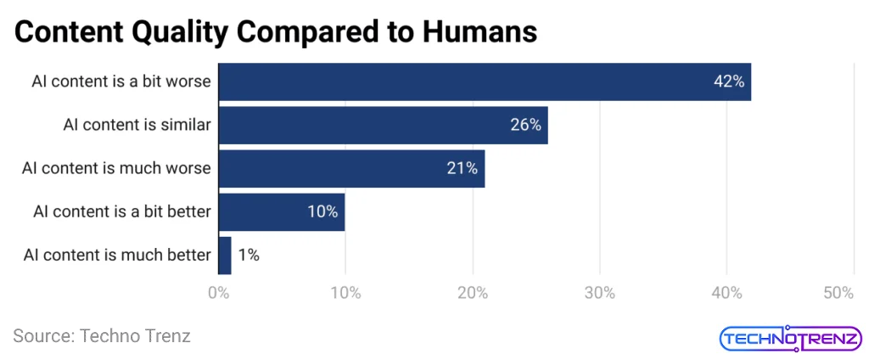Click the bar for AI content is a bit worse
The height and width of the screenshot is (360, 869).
(x=484, y=82)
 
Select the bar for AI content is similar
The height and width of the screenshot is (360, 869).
(x=383, y=125)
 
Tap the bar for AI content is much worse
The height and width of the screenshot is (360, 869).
(x=351, y=168)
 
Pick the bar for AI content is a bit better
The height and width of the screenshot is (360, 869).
(x=281, y=211)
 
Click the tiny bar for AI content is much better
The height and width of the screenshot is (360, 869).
(x=225, y=255)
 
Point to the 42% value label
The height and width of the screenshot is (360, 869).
(x=728, y=82)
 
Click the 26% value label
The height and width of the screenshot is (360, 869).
(x=525, y=125)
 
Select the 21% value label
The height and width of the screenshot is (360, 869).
(x=463, y=168)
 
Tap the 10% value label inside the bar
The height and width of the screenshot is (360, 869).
(x=322, y=211)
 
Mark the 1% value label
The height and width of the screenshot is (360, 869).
(x=249, y=255)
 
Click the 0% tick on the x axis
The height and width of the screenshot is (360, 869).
(x=218, y=293)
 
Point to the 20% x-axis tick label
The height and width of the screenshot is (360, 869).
(x=472, y=293)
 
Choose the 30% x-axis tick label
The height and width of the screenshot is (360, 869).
(x=599, y=293)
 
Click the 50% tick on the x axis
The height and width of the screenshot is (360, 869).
(x=838, y=293)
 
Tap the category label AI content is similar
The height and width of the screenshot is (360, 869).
(x=137, y=125)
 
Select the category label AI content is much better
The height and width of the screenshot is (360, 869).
(x=117, y=255)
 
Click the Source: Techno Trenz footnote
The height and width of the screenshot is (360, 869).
(x=102, y=335)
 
